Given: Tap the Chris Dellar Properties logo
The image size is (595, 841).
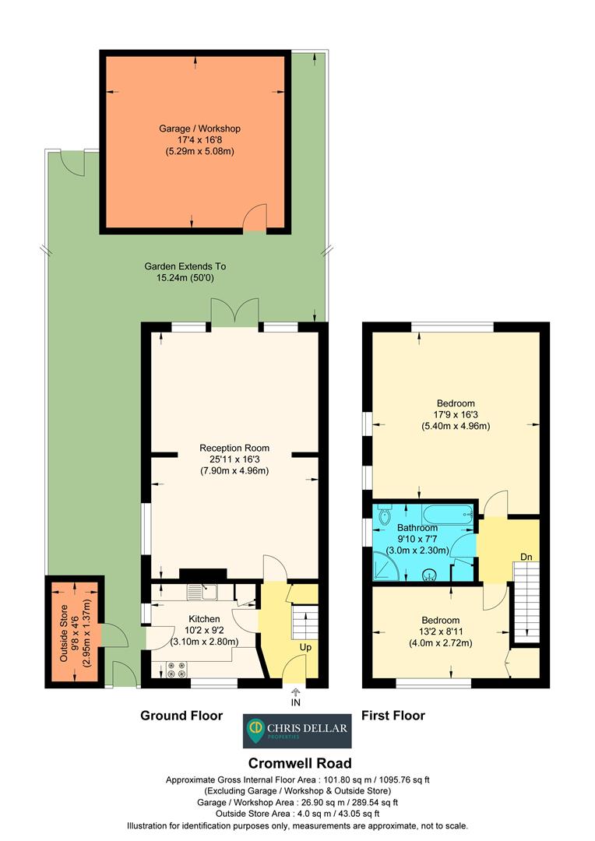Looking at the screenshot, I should pos(297,730).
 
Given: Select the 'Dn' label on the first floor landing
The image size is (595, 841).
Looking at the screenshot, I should pos(528,557).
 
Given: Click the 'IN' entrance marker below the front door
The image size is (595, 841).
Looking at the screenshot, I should pos(295,702).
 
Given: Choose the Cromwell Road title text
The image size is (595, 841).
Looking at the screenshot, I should pos(299,763).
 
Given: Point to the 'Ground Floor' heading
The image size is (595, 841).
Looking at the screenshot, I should pos(181,715).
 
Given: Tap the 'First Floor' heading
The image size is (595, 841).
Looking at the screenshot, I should pos(393,715).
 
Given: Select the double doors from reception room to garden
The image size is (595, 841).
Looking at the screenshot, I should pos(234,313).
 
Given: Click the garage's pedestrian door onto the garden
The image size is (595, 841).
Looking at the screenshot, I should pos(255,220).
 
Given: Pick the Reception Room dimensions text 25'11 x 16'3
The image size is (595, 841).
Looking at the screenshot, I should pos(234,459).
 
